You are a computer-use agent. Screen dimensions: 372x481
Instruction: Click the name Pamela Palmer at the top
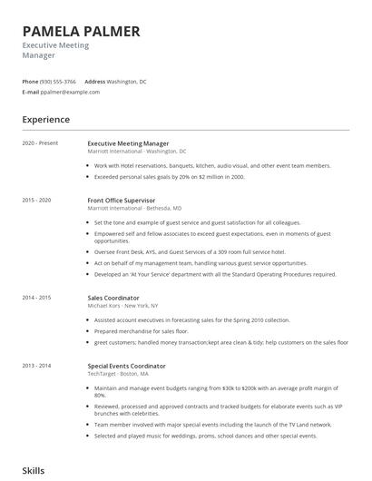(82, 31)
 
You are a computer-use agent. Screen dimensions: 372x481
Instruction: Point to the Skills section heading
(34, 471)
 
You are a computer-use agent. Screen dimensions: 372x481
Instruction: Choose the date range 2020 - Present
(40, 143)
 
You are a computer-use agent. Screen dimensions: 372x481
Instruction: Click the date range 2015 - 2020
(35, 200)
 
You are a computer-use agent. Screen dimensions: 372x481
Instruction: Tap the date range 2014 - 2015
(35, 297)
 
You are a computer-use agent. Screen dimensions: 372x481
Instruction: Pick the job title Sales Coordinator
(113, 297)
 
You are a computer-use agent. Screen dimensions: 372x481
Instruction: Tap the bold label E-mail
(31, 93)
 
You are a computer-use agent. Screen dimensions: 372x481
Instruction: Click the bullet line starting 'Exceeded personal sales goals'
(170, 176)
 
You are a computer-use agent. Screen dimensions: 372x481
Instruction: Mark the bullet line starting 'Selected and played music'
(205, 435)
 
